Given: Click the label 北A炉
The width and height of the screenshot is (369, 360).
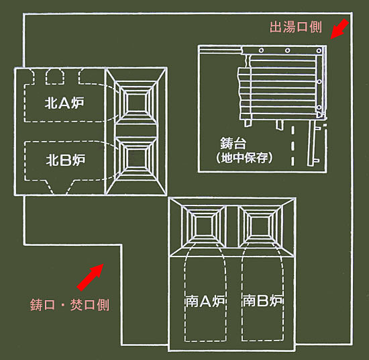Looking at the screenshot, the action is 64,103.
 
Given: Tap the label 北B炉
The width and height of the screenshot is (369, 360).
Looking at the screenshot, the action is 66,161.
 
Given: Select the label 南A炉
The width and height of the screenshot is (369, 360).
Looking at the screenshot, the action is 205,301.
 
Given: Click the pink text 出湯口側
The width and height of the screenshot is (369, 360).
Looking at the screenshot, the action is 296,27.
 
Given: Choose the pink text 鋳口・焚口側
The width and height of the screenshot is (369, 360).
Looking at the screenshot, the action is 70,305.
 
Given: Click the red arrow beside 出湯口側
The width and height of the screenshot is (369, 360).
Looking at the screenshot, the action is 339,29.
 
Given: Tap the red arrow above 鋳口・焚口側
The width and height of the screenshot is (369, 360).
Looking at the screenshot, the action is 91,277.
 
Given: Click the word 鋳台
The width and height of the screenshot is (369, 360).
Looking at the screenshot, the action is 233,143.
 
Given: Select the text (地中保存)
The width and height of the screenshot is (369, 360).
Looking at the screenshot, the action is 244,158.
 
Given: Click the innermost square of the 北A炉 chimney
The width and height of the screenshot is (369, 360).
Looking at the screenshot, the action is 136,103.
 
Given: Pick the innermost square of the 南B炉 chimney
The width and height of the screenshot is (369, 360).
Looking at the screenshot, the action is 258,226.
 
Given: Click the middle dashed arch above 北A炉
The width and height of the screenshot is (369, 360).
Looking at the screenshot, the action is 55,77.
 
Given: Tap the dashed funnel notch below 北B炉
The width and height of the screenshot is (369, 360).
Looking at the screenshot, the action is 60,187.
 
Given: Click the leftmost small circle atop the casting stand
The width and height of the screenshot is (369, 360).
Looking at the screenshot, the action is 261,50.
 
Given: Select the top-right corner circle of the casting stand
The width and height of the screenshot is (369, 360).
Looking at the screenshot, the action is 319,50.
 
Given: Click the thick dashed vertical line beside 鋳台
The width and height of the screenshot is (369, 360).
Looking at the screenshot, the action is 293,146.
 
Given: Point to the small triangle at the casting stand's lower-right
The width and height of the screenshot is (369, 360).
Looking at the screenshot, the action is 319,114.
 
